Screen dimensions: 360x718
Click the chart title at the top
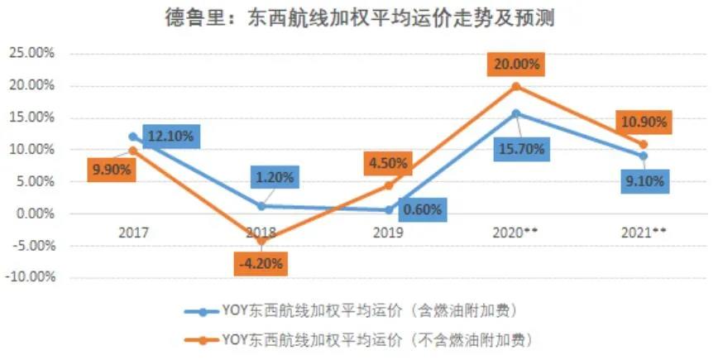click(x=358, y=19)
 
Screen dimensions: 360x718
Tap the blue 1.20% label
click(x=273, y=176)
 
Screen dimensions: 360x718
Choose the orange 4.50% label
click(x=388, y=162)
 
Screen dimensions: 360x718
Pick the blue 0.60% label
click(x=423, y=210)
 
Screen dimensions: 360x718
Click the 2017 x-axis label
click(x=133, y=234)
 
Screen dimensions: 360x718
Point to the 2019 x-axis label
click(x=388, y=234)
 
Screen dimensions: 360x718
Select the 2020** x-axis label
click(x=516, y=234)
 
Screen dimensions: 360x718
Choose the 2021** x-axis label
click(x=644, y=234)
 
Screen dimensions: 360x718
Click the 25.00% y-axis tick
click(x=31, y=53)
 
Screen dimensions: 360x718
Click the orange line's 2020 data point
click(x=516, y=86)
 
